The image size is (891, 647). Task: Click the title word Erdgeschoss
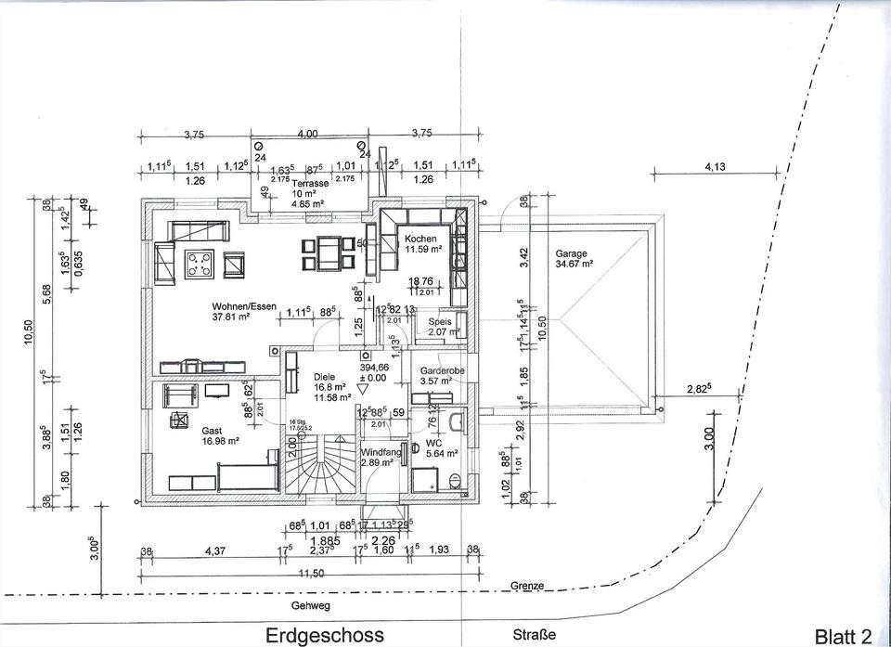pos(324,636)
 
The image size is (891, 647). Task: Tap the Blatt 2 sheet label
pos(843,636)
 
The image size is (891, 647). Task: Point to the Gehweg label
pos(310,605)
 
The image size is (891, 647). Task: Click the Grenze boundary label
pos(526,587)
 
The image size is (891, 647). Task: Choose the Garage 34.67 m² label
pos(575,258)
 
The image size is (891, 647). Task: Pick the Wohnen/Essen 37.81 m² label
pos(243,311)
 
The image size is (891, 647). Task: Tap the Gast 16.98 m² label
pos(220,436)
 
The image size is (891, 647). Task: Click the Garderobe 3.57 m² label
pos(442,375)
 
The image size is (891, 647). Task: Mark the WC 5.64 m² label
pos(441,448)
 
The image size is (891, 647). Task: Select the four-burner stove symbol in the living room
pos(200,264)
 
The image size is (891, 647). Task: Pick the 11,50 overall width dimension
pos(311,574)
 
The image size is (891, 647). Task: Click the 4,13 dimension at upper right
pos(715,167)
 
